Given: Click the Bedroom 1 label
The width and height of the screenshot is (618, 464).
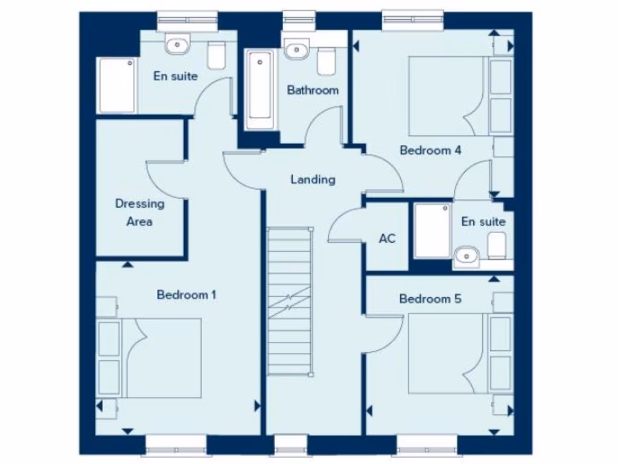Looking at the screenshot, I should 186,295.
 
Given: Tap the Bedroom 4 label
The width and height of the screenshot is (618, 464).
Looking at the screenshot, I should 430,150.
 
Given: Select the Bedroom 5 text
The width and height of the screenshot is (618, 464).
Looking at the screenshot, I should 429,299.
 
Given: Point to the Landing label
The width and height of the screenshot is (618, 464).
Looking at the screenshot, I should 313,179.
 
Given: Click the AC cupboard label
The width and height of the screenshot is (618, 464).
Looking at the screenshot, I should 387,239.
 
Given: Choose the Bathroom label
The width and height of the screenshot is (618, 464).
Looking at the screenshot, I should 313,91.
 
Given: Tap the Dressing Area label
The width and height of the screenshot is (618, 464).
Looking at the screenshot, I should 139,213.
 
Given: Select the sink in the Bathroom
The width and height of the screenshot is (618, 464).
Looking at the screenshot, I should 296,50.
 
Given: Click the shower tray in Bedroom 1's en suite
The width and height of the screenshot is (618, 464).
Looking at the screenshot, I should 116,85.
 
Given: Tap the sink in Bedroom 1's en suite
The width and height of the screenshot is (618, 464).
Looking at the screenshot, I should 177,43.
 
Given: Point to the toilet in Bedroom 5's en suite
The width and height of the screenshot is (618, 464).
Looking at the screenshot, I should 497,246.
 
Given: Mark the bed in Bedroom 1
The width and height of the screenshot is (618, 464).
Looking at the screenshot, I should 163,358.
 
